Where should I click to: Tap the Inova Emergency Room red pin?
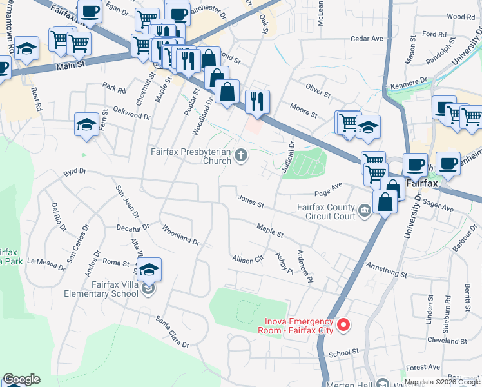click(343, 324)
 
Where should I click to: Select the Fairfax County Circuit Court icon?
click(365, 210)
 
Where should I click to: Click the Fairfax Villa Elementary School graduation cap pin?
click(149, 270)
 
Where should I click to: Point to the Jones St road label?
click(251, 201)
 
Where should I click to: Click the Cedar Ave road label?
click(367, 39)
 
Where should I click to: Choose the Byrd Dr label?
click(74, 173)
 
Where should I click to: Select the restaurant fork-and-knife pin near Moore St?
click(257, 101)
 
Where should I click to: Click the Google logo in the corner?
click(21, 379)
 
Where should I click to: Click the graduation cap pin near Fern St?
click(86, 124)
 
